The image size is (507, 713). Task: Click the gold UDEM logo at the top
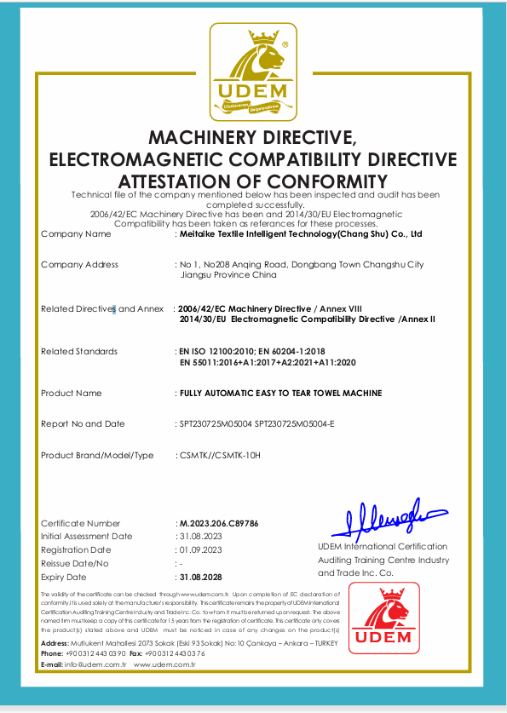(253, 72)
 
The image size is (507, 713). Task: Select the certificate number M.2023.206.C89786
(216, 523)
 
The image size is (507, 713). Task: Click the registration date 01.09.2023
(201, 550)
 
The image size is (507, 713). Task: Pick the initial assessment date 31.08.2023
(201, 537)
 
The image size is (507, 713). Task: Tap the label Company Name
(76, 233)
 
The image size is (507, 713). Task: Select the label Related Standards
(79, 351)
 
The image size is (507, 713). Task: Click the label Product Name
(71, 393)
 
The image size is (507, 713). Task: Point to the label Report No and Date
(83, 423)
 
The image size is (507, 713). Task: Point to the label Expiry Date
(65, 577)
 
